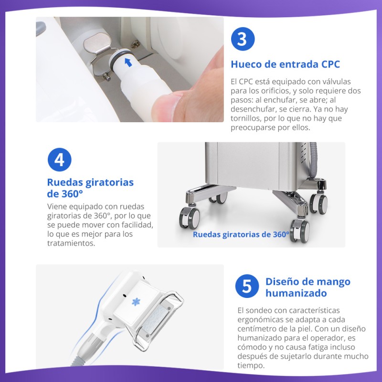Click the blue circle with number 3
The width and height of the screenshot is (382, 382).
tap(243, 39)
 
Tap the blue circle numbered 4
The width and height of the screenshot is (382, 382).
tap(59, 159)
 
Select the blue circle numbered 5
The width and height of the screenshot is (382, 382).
tap(247, 286)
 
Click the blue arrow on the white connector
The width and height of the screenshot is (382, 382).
tap(128, 62)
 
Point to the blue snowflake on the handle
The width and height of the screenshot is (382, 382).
tap(136, 302)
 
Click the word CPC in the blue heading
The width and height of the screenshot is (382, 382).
tap(330, 64)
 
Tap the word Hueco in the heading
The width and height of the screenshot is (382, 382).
tap(246, 64)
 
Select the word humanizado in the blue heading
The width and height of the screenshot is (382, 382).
tap(296, 293)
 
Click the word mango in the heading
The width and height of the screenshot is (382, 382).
tap(336, 282)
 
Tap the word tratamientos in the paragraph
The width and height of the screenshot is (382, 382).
tap(71, 243)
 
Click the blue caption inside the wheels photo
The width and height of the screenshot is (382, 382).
tap(241, 234)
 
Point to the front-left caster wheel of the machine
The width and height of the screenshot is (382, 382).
tap(190, 218)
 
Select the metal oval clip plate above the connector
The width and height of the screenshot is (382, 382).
tap(97, 43)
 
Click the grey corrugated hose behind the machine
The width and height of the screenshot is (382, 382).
tap(313, 161)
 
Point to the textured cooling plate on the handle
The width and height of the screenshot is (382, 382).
tap(156, 319)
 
